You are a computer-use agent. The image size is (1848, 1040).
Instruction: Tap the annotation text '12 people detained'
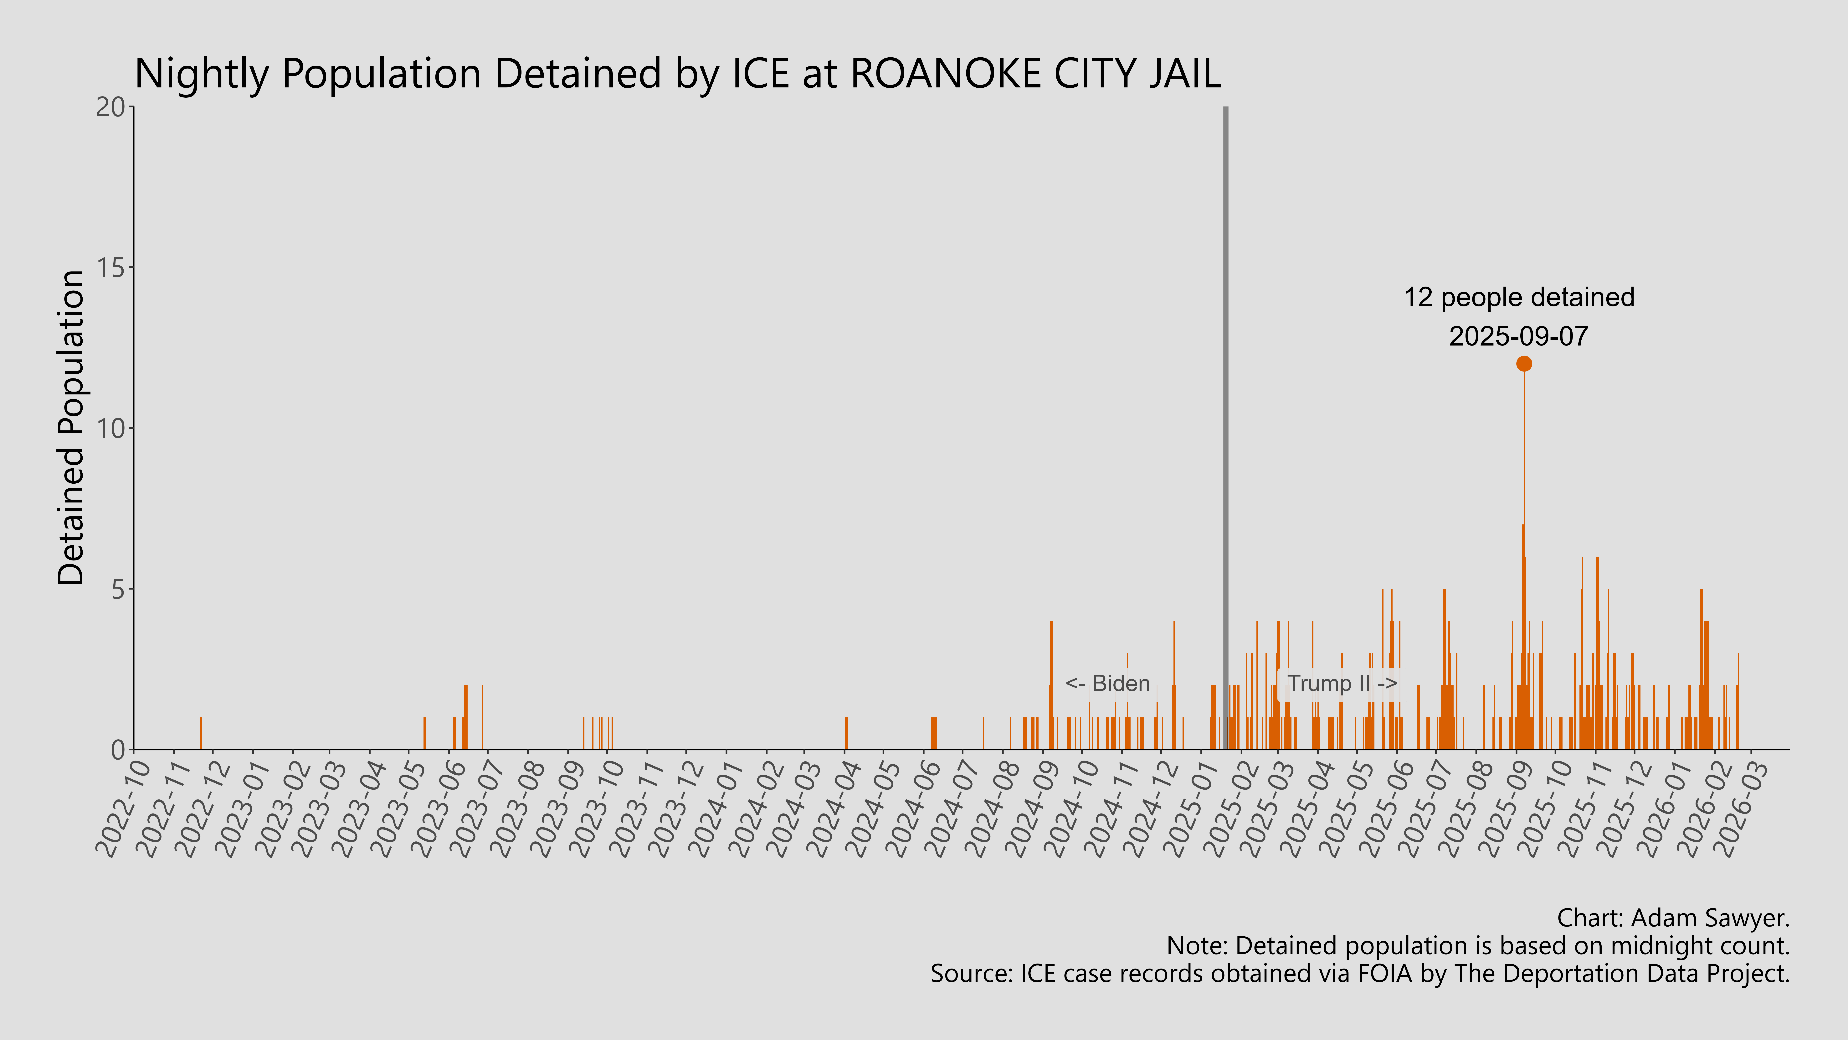click(x=1519, y=297)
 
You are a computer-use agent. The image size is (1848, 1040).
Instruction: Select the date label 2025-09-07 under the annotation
click(x=1519, y=336)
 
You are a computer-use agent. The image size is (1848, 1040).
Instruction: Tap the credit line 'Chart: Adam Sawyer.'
click(x=1673, y=918)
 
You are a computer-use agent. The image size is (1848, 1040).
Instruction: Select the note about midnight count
click(x=1478, y=946)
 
